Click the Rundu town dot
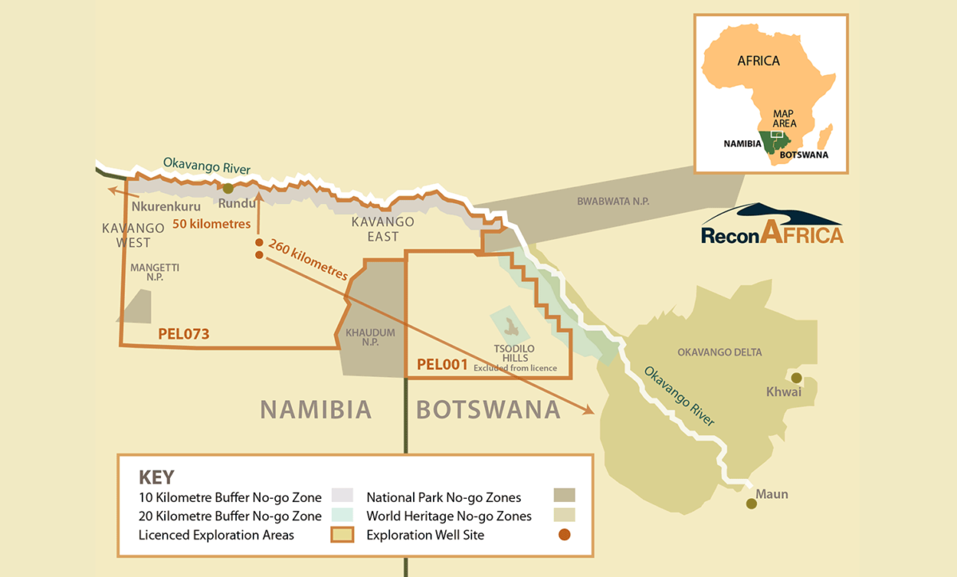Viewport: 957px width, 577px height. [x=228, y=189]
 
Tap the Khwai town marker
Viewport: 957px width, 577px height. [x=796, y=378]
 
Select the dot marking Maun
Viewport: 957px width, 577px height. [x=750, y=503]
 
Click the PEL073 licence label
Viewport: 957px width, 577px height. [x=183, y=334]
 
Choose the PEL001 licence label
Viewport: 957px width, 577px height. [x=441, y=364]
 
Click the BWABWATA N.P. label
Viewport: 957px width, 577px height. [x=612, y=202]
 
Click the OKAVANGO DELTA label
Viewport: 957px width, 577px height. [x=719, y=352]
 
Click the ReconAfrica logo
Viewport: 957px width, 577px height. [x=771, y=226]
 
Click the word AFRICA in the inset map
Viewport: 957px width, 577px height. [x=758, y=61]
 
